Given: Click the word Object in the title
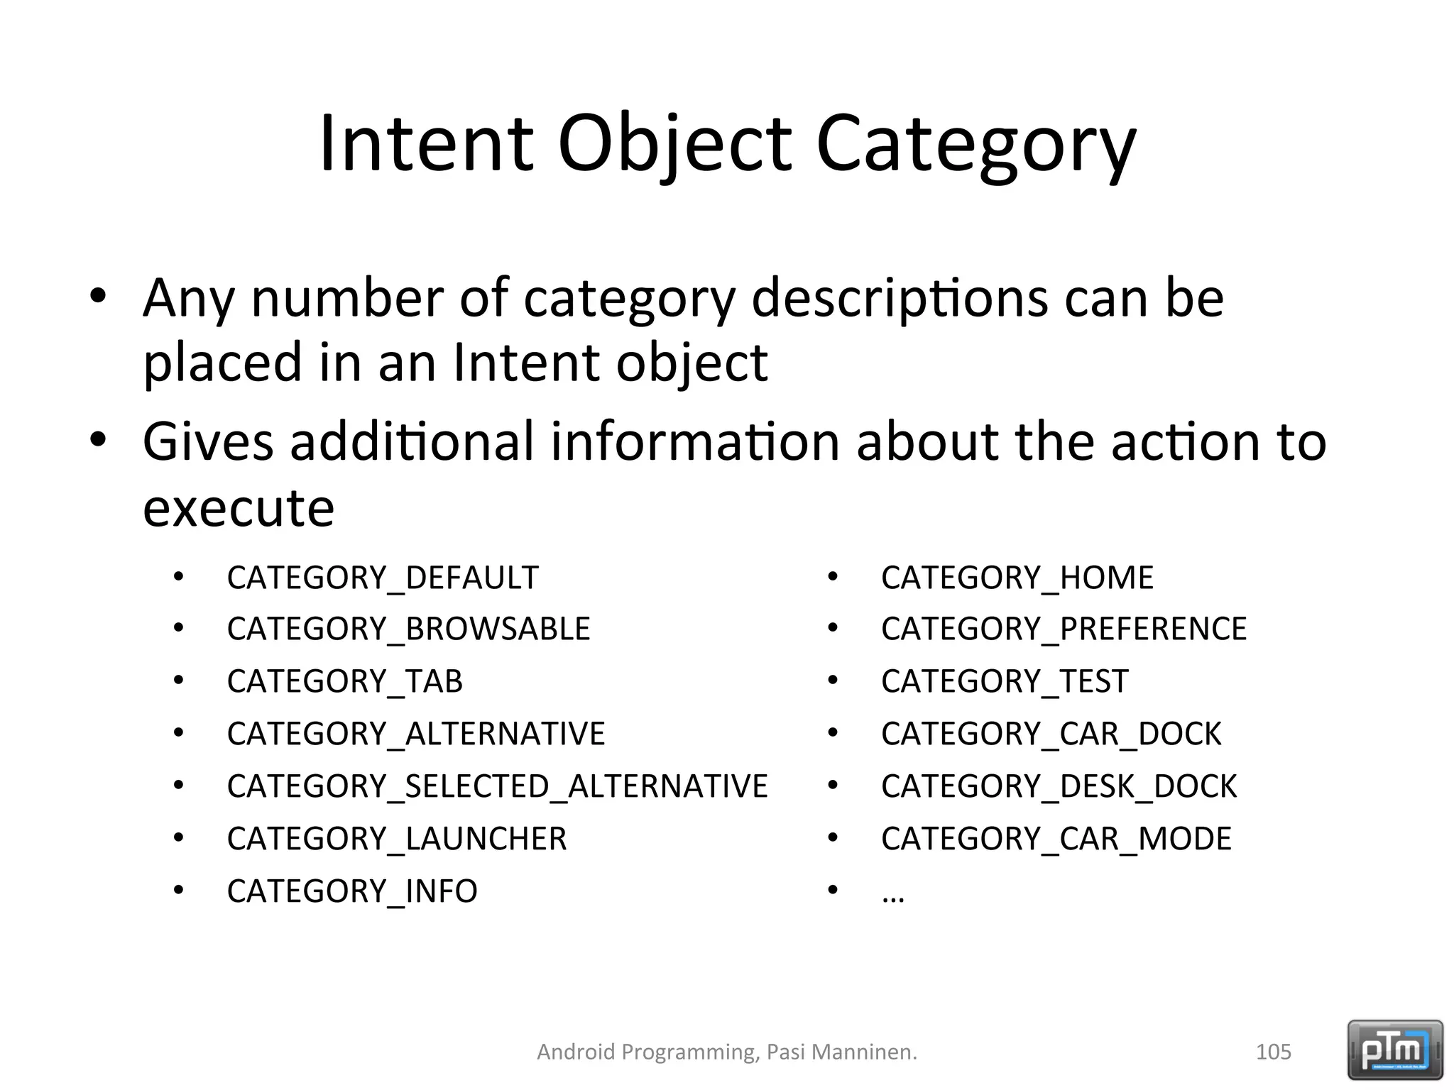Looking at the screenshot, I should [x=674, y=143].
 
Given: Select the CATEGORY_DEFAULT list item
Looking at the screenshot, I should [x=383, y=578].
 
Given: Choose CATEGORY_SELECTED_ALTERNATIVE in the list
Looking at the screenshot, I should [x=497, y=786].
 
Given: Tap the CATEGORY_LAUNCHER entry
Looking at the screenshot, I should [x=397, y=839].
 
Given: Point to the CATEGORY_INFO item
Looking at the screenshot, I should [x=352, y=891].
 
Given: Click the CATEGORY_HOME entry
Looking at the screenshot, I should [x=1017, y=578].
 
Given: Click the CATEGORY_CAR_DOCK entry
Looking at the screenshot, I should [x=1051, y=734].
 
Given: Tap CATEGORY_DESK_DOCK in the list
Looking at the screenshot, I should [x=1059, y=786].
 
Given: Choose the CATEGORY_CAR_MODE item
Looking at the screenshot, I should [x=1056, y=839].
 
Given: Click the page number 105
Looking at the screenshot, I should [x=1273, y=1052].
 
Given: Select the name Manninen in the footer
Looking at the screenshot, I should [x=864, y=1052].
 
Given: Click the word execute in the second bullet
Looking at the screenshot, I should [x=239, y=508].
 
